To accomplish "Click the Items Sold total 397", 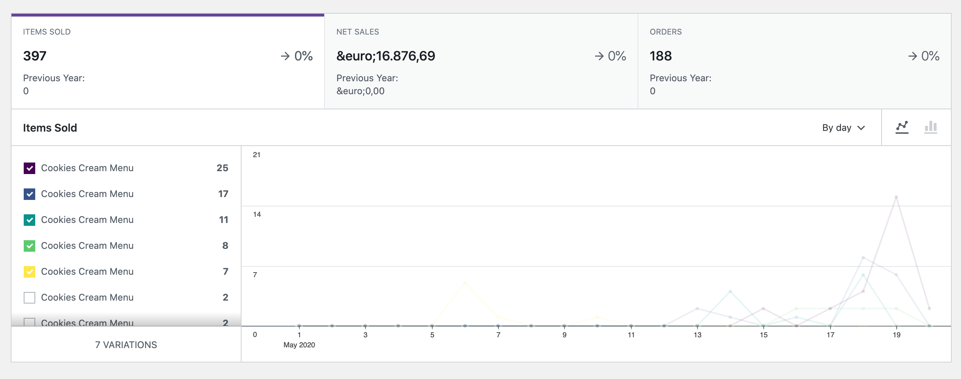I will click(35, 56).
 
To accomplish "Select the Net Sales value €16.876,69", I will click(385, 56).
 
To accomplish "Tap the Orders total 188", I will click(660, 56).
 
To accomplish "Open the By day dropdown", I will click(843, 128).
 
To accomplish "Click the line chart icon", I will click(902, 127).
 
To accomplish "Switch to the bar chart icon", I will click(930, 127).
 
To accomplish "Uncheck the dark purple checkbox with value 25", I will click(29, 168).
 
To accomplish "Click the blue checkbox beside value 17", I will click(29, 194).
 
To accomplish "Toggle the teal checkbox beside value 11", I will click(29, 220).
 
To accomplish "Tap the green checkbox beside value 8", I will click(29, 246).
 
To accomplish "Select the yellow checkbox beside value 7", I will click(29, 272).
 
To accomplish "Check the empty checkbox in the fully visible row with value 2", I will click(29, 298).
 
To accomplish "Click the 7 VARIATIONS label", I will click(126, 344).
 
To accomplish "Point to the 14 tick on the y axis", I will click(257, 214).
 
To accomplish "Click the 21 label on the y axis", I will click(257, 155).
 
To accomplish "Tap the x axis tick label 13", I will click(697, 335).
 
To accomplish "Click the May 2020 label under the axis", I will click(299, 344).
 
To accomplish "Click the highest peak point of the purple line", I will click(896, 197).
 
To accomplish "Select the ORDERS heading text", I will click(666, 32).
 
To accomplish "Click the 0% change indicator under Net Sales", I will click(610, 56).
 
